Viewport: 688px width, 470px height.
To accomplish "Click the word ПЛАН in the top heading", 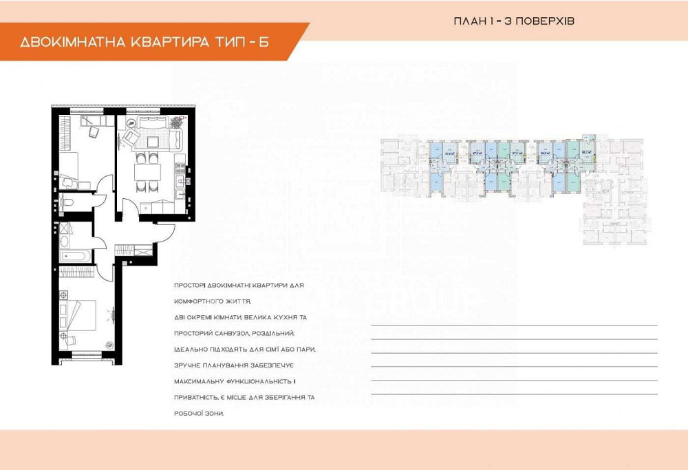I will tap(468, 21).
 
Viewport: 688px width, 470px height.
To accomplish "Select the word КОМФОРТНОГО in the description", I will tap(197, 301).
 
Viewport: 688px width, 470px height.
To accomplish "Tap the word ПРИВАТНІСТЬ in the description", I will tap(196, 397).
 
